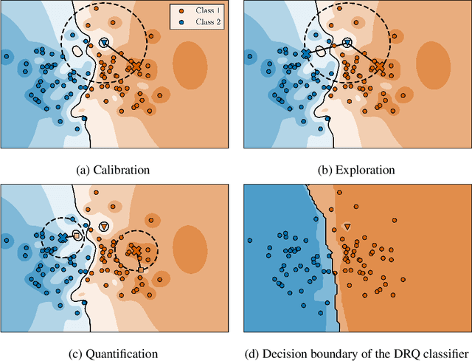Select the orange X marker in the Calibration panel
(x=135, y=66)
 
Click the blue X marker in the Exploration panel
(x=305, y=55)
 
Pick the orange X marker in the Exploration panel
(x=378, y=66)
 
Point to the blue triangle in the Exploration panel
(x=347, y=42)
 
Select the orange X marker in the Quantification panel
(x=135, y=250)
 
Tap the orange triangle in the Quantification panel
(x=103, y=225)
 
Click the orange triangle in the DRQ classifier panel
(x=347, y=225)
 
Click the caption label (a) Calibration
(x=113, y=170)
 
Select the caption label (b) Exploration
(x=355, y=170)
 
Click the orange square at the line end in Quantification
(x=141, y=270)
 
